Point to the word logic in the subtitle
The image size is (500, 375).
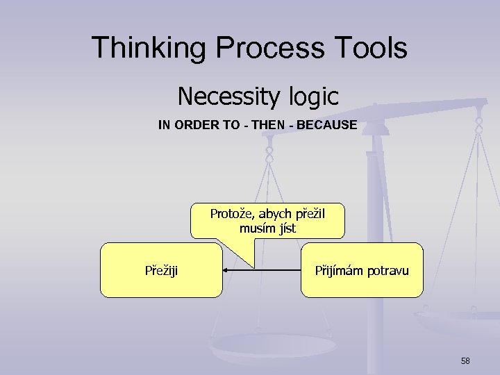[311, 97]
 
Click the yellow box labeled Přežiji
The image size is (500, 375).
[161, 270]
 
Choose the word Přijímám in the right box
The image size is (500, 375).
[337, 269]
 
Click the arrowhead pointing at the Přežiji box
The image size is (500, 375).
[227, 269]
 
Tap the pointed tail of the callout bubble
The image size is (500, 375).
[253, 265]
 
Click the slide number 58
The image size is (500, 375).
[465, 360]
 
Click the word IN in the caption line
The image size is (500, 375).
[164, 126]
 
